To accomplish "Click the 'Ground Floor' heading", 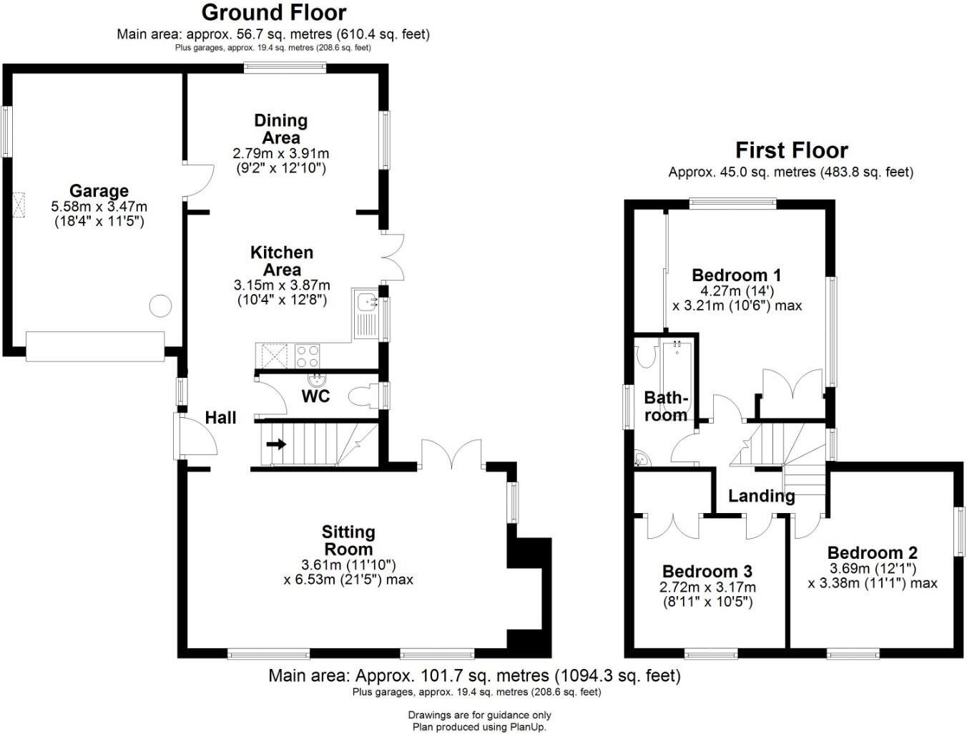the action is (273, 13).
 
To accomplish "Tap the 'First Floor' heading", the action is (791, 150).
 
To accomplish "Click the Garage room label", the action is (99, 191).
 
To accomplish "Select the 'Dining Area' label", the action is (281, 129).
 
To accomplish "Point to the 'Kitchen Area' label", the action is (282, 261).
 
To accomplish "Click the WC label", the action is (315, 396).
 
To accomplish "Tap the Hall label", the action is (220, 418).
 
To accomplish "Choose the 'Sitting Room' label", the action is (348, 540).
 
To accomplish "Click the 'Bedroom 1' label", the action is (737, 275).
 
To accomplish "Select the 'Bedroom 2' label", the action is (872, 553).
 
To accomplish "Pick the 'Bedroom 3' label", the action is (707, 572).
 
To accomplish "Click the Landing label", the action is (761, 496).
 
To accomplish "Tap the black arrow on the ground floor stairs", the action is (276, 444).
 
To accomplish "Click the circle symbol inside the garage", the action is (160, 306).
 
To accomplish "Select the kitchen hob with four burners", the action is (308, 356).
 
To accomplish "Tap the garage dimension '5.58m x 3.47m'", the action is (99, 207).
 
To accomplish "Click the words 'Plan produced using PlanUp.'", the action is (479, 727).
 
